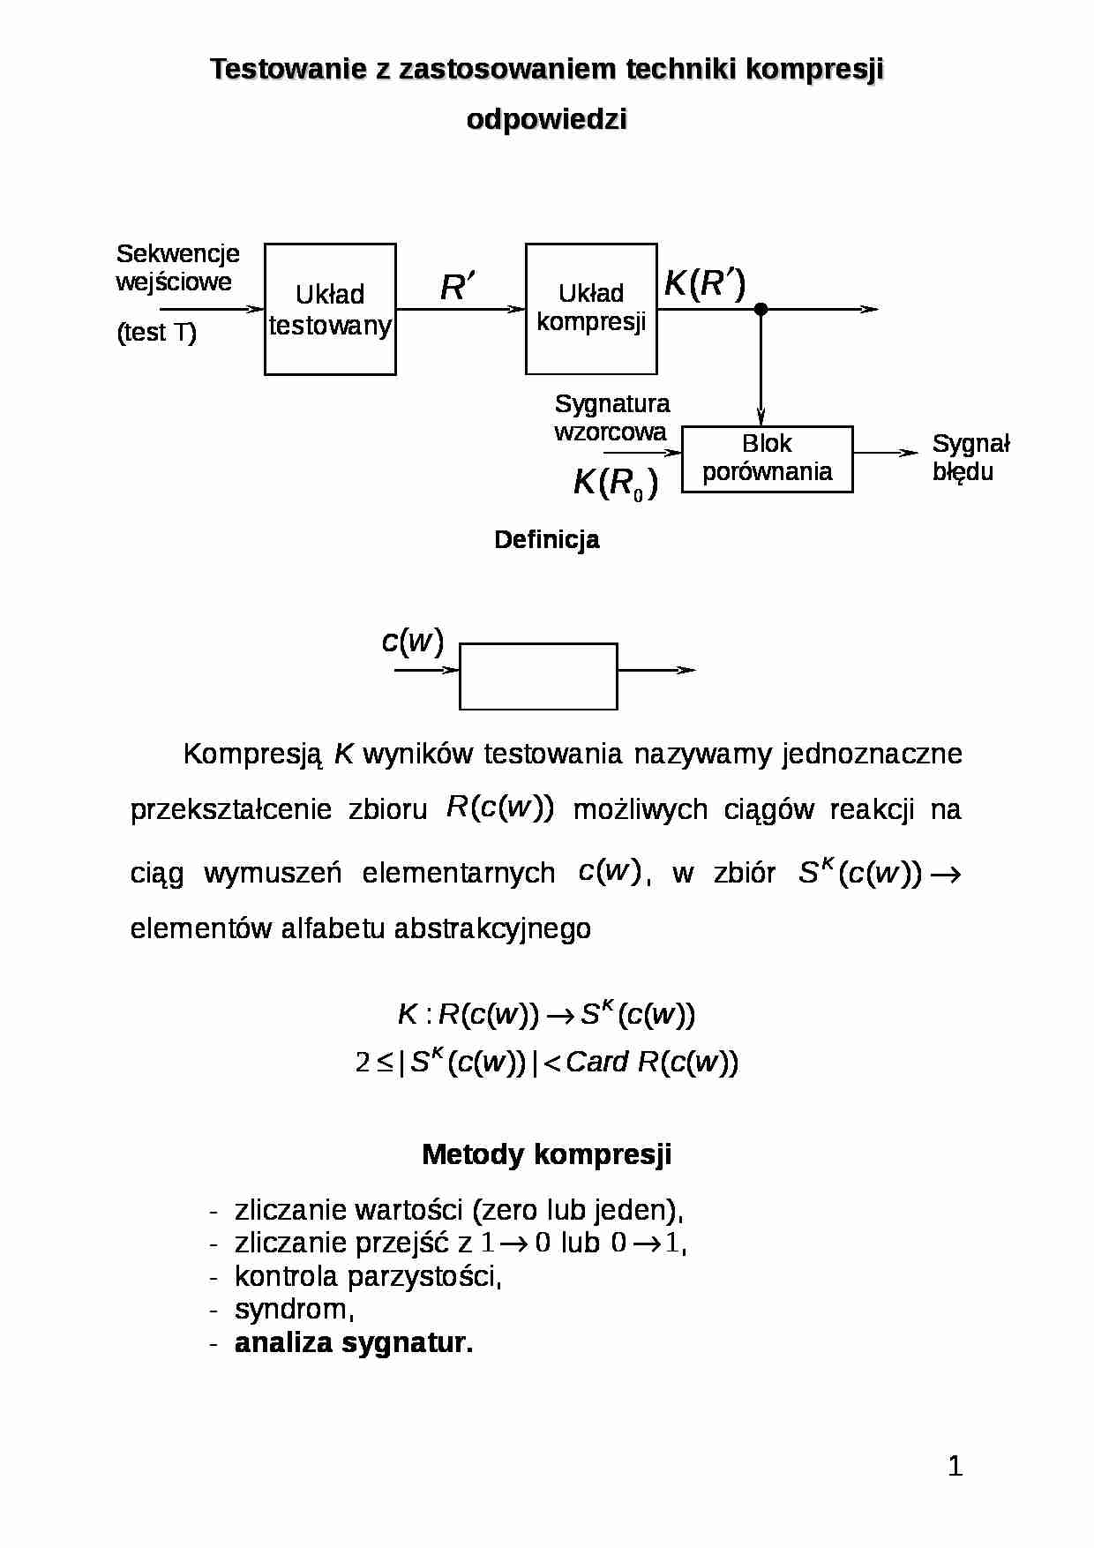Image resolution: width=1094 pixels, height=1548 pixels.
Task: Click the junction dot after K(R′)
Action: pyautogui.click(x=761, y=309)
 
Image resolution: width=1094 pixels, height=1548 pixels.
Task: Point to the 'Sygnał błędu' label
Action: pyautogui.click(x=970, y=457)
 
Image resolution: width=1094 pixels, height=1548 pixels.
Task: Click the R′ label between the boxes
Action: pyautogui.click(x=457, y=287)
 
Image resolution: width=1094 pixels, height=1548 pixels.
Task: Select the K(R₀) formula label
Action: pyautogui.click(x=615, y=484)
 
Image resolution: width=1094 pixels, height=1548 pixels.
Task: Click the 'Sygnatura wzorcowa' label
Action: pyautogui.click(x=611, y=417)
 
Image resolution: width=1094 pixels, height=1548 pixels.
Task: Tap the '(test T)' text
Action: pyautogui.click(x=156, y=333)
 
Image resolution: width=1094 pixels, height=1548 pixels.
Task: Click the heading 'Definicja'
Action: pyautogui.click(x=547, y=539)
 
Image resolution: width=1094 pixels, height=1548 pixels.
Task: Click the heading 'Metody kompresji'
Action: pyautogui.click(x=547, y=1154)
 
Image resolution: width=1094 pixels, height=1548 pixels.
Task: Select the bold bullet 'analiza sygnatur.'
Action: pyautogui.click(x=354, y=1342)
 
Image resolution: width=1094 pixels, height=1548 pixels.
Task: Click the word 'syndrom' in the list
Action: pyautogui.click(x=291, y=1310)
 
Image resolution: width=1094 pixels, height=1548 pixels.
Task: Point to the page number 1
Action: pyautogui.click(x=955, y=1466)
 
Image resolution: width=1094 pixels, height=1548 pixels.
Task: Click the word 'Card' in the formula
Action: pyautogui.click(x=596, y=1062)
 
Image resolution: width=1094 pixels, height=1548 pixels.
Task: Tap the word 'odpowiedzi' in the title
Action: pyautogui.click(x=547, y=119)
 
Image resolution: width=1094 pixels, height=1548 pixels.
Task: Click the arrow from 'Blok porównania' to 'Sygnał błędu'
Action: pyautogui.click(x=886, y=453)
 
